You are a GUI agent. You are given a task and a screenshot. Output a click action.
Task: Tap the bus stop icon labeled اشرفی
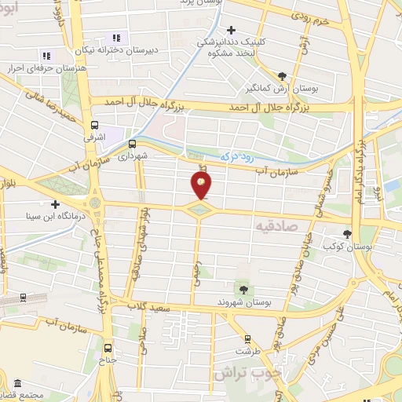[95, 125]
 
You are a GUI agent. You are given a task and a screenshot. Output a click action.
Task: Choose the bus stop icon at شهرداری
[131, 144]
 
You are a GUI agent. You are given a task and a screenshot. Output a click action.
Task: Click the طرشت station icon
[247, 339]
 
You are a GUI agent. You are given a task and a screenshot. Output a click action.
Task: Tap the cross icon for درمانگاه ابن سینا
[55, 204]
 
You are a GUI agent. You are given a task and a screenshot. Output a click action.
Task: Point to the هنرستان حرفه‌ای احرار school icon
[46, 56]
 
